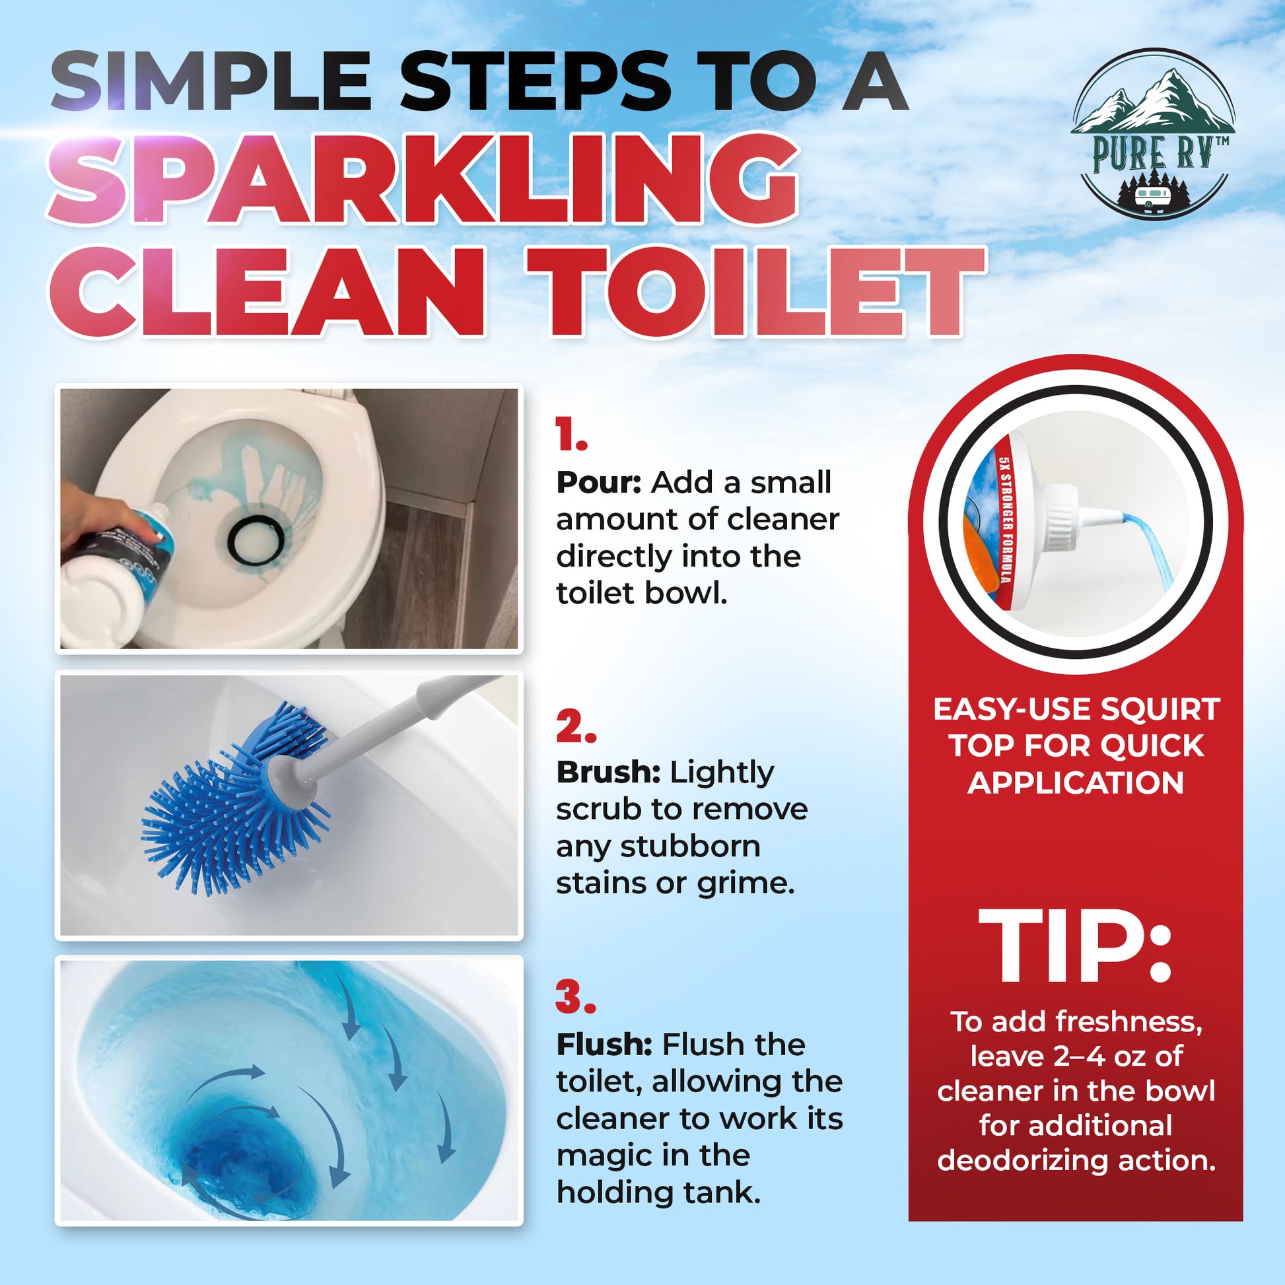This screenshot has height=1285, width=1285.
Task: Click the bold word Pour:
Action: pyautogui.click(x=598, y=483)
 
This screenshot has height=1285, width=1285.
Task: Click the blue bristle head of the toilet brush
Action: pyautogui.click(x=233, y=805)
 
